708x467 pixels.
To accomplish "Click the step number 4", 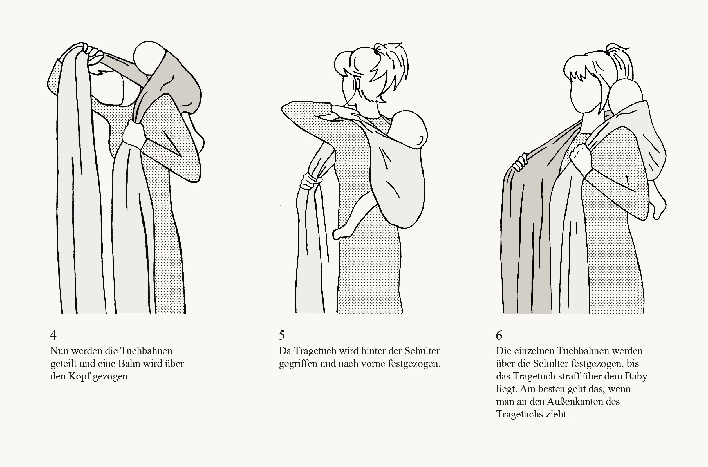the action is tap(53, 335).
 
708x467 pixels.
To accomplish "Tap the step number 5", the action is tap(282, 335).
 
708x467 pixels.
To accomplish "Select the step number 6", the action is tap(499, 335).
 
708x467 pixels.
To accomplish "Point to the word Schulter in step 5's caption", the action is tap(422, 351).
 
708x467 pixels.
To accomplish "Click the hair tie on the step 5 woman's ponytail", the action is tap(377, 52).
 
